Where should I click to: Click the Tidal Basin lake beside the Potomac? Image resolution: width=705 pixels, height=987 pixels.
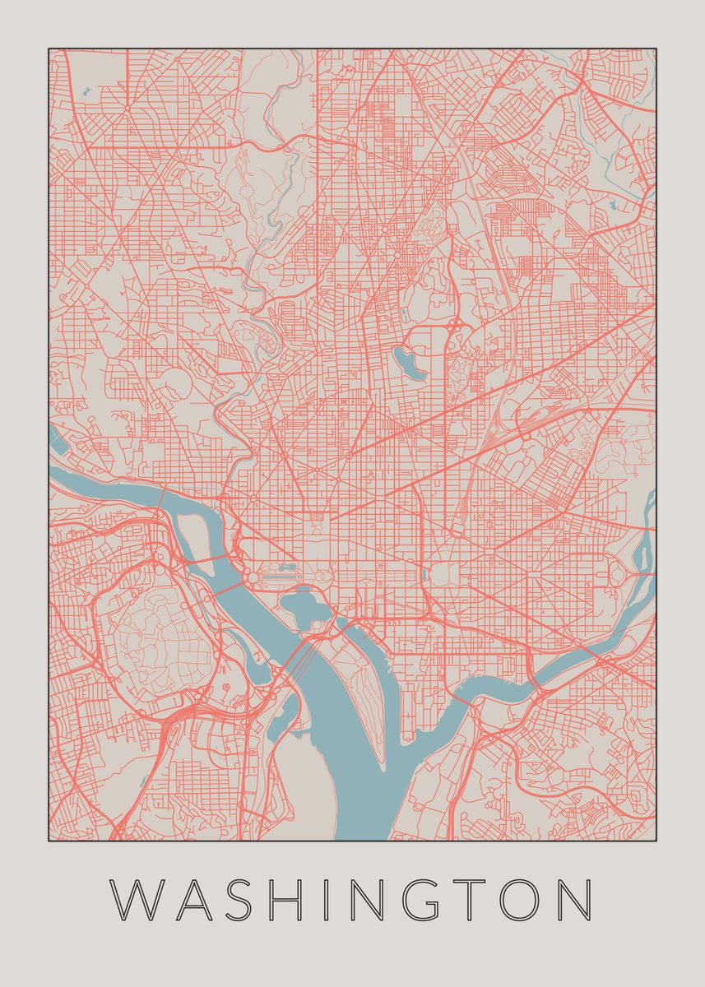[304, 609]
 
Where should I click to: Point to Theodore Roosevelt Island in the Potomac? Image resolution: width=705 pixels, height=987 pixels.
[194, 535]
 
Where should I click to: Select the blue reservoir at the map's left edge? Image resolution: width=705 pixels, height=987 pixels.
[59, 440]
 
